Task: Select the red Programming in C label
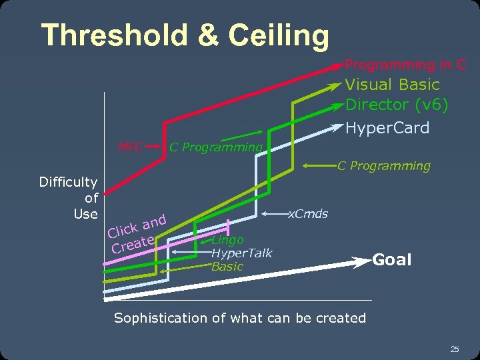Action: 405,65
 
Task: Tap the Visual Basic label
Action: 392,85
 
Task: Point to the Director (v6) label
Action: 397,105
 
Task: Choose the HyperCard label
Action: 387,128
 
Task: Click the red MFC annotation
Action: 131,147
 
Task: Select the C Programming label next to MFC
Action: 215,147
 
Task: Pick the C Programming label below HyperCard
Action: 383,165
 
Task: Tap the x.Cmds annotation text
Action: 307,214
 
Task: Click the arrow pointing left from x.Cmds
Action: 273,215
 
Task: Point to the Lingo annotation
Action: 227,240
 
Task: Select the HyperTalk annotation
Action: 241,253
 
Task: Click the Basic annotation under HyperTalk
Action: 227,267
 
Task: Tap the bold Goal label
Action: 391,260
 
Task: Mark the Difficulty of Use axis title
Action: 69,197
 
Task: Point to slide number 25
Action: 455,349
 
